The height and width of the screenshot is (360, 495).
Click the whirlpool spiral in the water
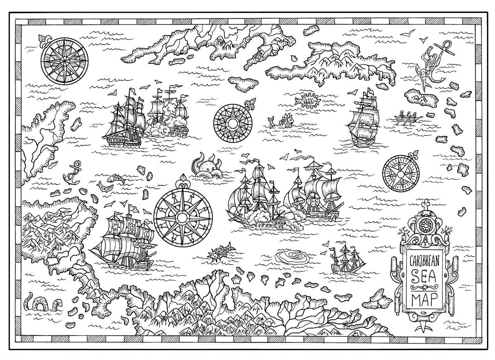(x=292, y=256)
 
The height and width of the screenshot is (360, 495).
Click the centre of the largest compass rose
(x=182, y=217)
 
